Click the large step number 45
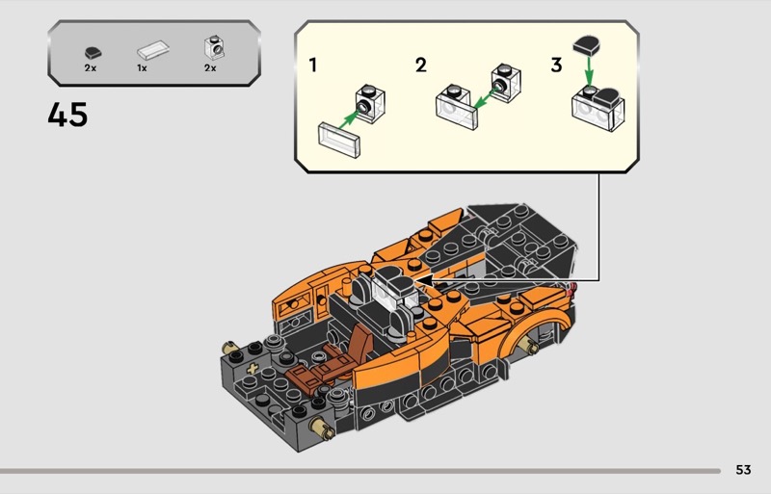[67, 115]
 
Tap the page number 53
[743, 470]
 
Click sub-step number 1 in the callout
[312, 65]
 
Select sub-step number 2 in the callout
[421, 65]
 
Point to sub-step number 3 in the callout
[556, 65]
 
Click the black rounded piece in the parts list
[93, 53]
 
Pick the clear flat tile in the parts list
[153, 50]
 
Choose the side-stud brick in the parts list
[214, 48]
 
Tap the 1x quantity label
[142, 68]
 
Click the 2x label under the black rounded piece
[90, 68]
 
